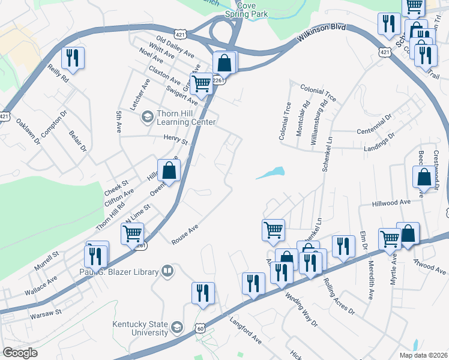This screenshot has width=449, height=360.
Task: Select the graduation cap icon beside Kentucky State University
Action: pyautogui.click(x=176, y=328)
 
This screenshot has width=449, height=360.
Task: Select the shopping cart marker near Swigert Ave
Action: pyautogui.click(x=201, y=84)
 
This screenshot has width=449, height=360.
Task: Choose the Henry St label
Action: pyautogui.click(x=176, y=140)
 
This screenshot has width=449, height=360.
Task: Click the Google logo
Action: pyautogui.click(x=20, y=352)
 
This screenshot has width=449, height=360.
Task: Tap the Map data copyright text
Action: pyautogui.click(x=423, y=355)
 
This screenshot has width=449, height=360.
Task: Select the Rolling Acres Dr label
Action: pyautogui.click(x=339, y=296)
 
